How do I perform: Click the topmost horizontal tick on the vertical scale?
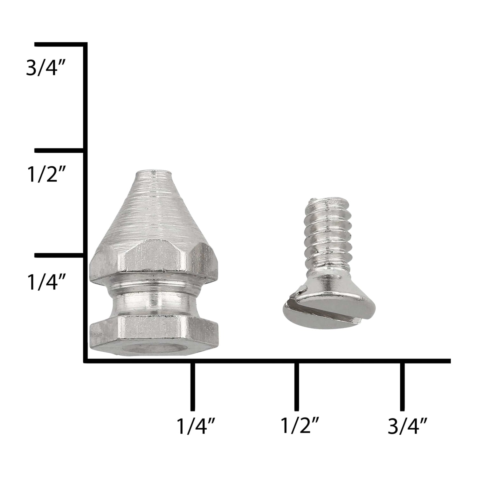pyautogui.click(x=60, y=44)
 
